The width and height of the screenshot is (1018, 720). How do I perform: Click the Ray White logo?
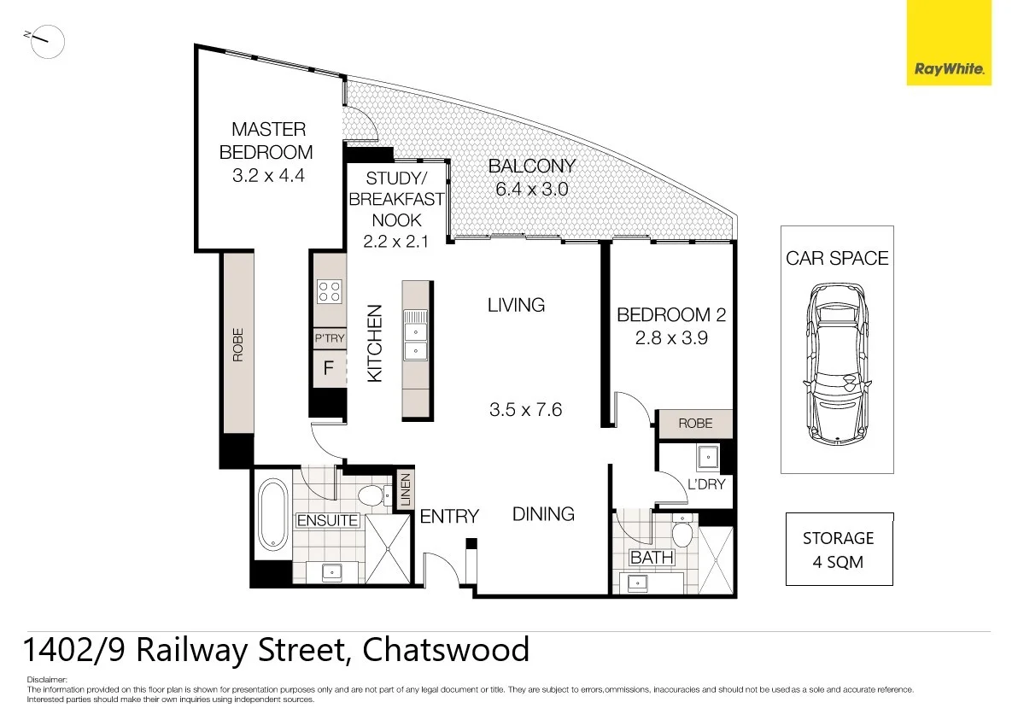coord(948,43)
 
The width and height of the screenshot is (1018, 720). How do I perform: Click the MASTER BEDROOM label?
coord(267,141)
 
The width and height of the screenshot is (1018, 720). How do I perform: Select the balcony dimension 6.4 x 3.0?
coord(532,189)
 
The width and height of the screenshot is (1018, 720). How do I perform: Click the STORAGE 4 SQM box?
coord(839,549)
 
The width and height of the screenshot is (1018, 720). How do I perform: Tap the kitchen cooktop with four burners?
coord(329,291)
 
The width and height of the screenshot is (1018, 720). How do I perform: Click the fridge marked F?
coord(328,370)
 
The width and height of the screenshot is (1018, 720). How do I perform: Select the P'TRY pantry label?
coord(329,338)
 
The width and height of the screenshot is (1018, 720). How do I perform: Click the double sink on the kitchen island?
coord(416,340)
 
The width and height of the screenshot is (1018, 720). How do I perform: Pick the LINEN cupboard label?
coord(406,491)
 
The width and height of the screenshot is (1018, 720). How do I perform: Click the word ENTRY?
coord(449,517)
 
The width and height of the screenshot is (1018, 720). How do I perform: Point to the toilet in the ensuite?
coord(370,495)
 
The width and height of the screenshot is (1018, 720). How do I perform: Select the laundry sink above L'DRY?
coord(709,459)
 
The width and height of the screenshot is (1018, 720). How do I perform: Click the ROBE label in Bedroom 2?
coord(695,424)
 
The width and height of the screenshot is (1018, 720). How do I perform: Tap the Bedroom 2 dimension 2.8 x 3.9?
coord(671,337)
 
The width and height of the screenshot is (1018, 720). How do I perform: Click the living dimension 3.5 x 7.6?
coord(525,409)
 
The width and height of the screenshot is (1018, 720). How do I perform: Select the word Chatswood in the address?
coord(446,650)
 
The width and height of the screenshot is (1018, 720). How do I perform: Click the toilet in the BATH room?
coord(682,533)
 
